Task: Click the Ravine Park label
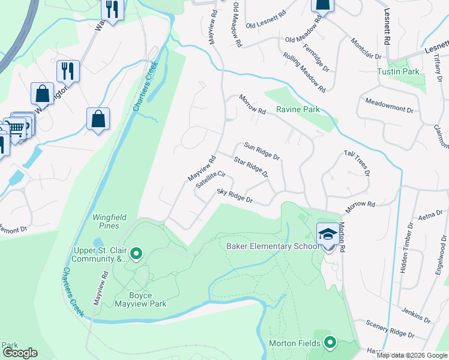click(297, 110)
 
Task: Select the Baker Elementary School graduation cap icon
click(328, 233)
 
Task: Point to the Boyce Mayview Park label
click(139, 299)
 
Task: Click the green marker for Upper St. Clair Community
click(136, 254)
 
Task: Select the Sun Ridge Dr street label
click(262, 151)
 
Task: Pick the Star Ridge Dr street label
click(250, 168)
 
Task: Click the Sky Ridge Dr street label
click(235, 196)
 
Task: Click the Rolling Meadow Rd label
click(305, 72)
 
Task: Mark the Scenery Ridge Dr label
click(390, 329)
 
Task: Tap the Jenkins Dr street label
click(417, 313)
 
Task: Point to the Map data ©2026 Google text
click(412, 355)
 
